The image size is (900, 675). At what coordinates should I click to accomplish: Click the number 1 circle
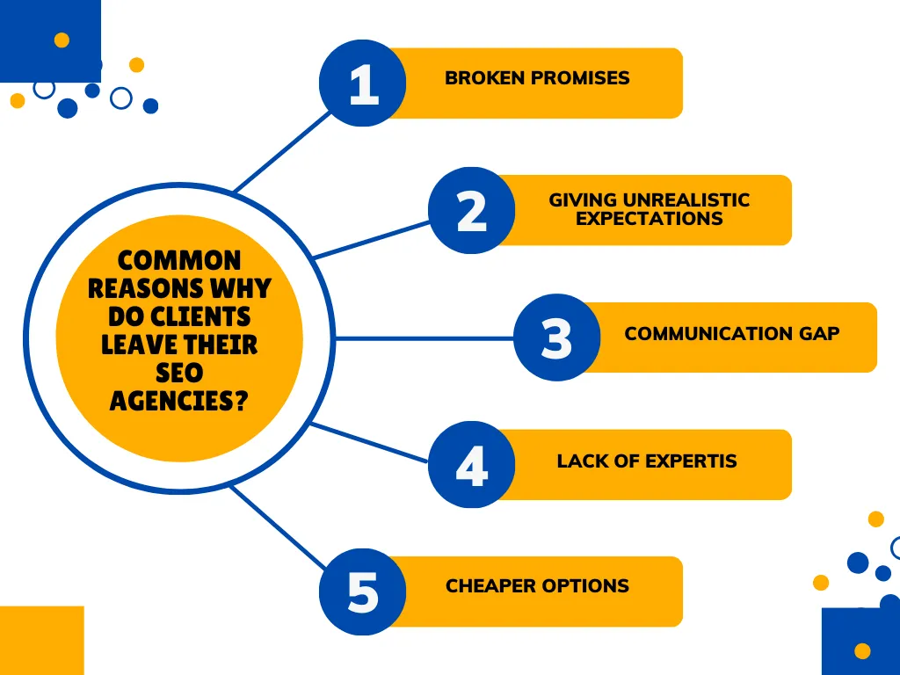click(x=362, y=83)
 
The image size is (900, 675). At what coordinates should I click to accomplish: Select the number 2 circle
click(x=471, y=210)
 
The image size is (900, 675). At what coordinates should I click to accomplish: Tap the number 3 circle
click(x=556, y=337)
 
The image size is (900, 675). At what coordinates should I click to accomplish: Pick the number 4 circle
click(x=471, y=464)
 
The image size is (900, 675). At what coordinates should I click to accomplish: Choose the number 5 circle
click(x=362, y=592)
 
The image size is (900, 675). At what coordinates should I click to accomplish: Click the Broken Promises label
click(x=537, y=78)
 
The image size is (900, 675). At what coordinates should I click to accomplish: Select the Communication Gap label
click(x=731, y=334)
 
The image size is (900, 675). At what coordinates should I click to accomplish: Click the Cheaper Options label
click(x=537, y=586)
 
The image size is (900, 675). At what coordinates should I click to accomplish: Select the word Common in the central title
click(x=179, y=260)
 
